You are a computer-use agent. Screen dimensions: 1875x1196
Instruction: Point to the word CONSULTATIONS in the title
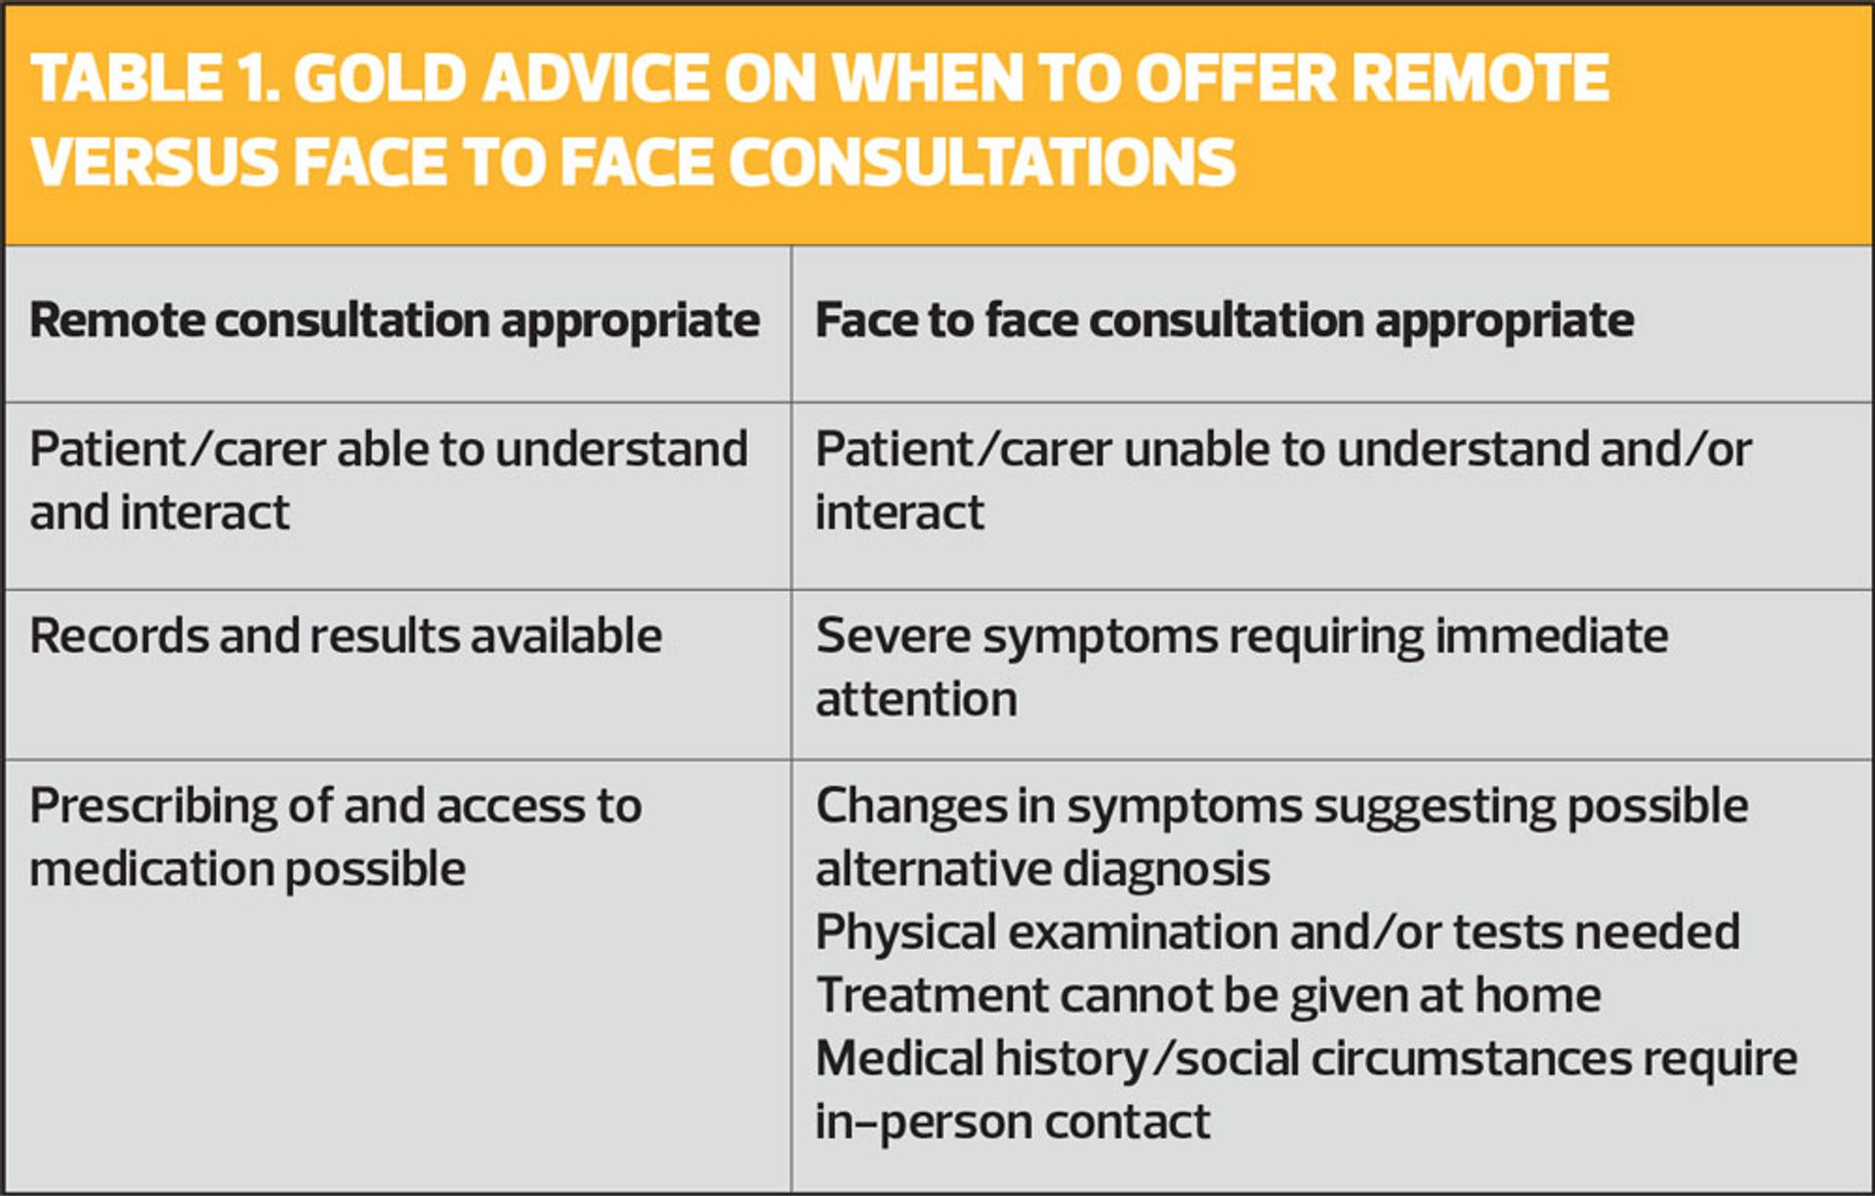click(x=981, y=161)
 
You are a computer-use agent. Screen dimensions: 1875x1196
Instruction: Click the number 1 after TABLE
click(x=257, y=78)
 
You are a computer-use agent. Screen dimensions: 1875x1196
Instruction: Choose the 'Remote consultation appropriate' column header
click(x=395, y=321)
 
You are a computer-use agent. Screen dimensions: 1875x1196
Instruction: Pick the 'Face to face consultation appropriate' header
click(x=1225, y=321)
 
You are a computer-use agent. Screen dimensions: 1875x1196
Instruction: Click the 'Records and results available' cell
click(x=346, y=636)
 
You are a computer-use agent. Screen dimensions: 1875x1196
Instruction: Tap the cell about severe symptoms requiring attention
click(x=1242, y=668)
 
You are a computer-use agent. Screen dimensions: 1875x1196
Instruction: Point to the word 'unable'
click(x=1195, y=450)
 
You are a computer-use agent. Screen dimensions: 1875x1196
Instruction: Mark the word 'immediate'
click(x=1552, y=636)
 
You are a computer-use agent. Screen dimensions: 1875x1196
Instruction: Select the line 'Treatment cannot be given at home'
click(x=1208, y=996)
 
